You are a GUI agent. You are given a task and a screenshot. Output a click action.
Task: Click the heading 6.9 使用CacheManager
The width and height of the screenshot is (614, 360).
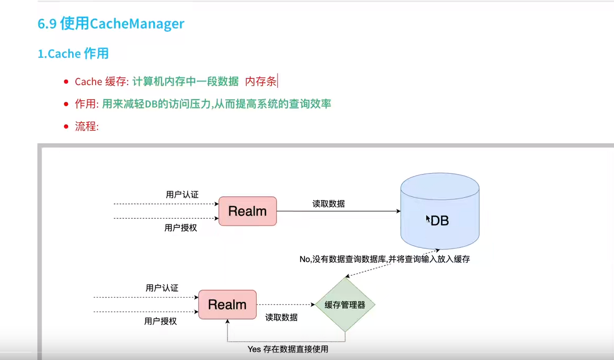111,24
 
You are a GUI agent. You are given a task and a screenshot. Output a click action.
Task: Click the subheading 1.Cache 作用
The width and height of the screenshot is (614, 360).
73,54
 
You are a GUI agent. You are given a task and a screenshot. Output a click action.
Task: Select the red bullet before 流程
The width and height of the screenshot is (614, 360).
66,126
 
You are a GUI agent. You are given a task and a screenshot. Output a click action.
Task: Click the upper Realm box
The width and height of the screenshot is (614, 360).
247,211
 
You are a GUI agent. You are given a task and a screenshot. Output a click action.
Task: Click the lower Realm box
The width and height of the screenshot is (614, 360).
227,304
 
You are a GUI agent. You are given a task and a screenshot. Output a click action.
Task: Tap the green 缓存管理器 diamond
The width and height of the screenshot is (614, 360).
345,305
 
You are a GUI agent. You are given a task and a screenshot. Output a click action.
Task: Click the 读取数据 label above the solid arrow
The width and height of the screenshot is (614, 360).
328,204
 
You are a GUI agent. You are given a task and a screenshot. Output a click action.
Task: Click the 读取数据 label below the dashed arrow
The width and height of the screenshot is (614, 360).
281,317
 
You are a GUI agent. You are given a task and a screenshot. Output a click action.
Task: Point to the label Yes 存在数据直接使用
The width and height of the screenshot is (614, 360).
288,349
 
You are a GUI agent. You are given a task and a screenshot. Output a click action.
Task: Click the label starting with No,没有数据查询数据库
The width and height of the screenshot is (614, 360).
384,259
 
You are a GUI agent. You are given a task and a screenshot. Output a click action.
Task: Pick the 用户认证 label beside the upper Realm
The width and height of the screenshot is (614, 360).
182,195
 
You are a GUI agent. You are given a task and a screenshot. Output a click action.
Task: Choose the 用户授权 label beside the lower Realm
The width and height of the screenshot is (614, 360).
161,321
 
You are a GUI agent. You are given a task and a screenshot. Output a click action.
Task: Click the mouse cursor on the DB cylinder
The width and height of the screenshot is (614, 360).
428,219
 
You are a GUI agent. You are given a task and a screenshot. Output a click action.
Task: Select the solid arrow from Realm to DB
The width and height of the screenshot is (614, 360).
338,211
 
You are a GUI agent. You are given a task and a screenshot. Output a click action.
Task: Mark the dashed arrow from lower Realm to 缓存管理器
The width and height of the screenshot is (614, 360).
286,305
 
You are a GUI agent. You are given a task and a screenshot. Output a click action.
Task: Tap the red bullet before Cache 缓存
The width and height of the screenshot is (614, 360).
66,82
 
